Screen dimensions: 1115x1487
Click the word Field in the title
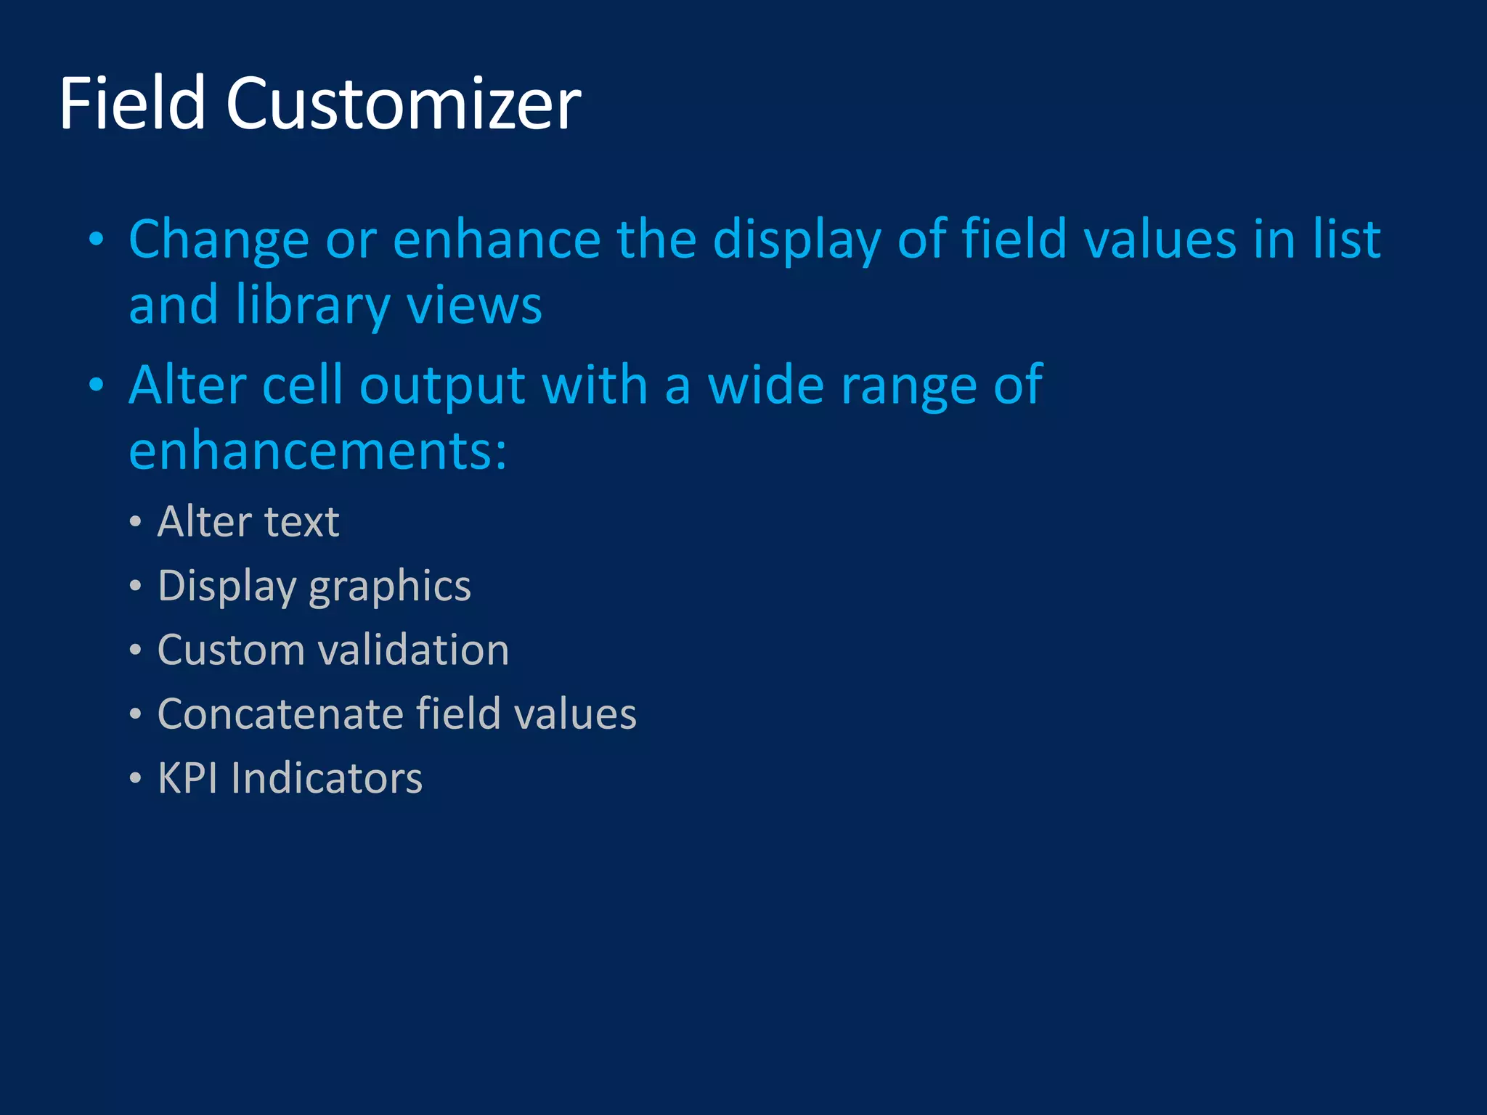pos(132,104)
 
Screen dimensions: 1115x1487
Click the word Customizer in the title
pos(403,104)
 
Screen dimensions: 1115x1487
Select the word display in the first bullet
pos(797,240)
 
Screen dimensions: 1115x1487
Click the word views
pos(474,306)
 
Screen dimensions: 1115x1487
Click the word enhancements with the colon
pos(317,451)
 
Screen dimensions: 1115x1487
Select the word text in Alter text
pos(301,522)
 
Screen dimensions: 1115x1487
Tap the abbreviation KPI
pos(187,778)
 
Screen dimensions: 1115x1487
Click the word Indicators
pos(327,778)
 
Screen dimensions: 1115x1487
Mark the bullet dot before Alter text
pos(135,522)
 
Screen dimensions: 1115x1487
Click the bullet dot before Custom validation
pos(135,650)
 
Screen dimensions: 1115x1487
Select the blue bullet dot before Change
pos(96,240)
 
